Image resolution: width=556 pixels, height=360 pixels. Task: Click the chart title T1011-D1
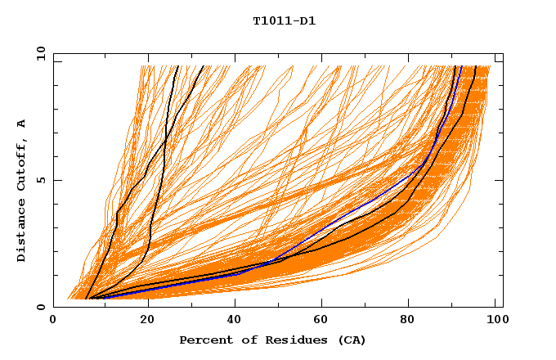284,21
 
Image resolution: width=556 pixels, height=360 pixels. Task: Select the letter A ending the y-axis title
22,123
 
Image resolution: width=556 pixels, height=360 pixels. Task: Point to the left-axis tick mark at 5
56,180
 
